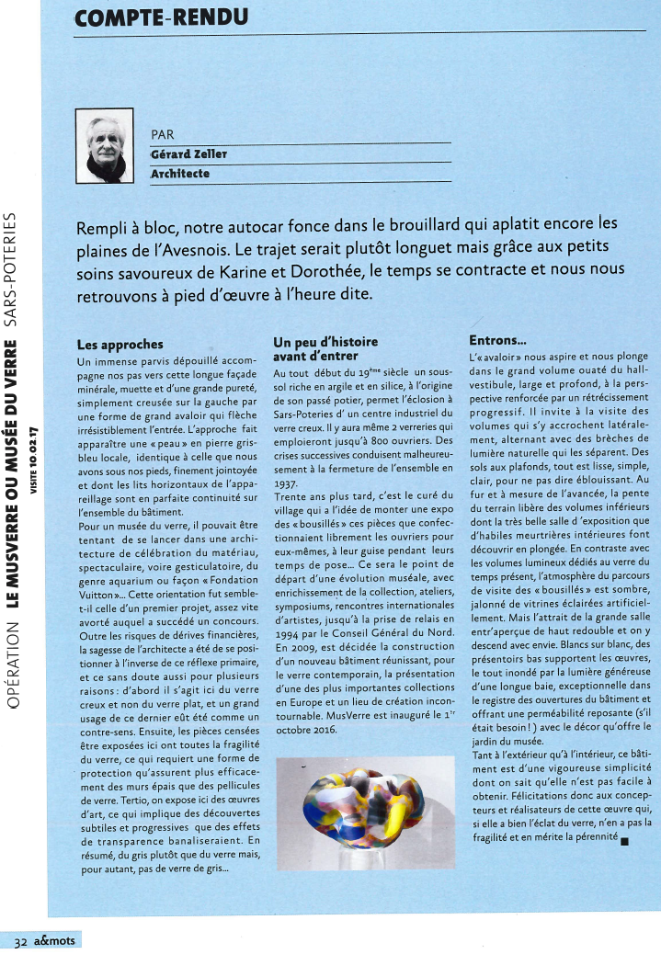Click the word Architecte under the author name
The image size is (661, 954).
tap(180, 173)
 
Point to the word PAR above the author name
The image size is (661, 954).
tap(162, 134)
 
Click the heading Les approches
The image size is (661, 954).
tap(120, 346)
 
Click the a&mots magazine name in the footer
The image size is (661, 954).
tap(56, 941)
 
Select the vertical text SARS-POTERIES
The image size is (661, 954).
tap(11, 267)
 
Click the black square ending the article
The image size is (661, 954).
tap(624, 838)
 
